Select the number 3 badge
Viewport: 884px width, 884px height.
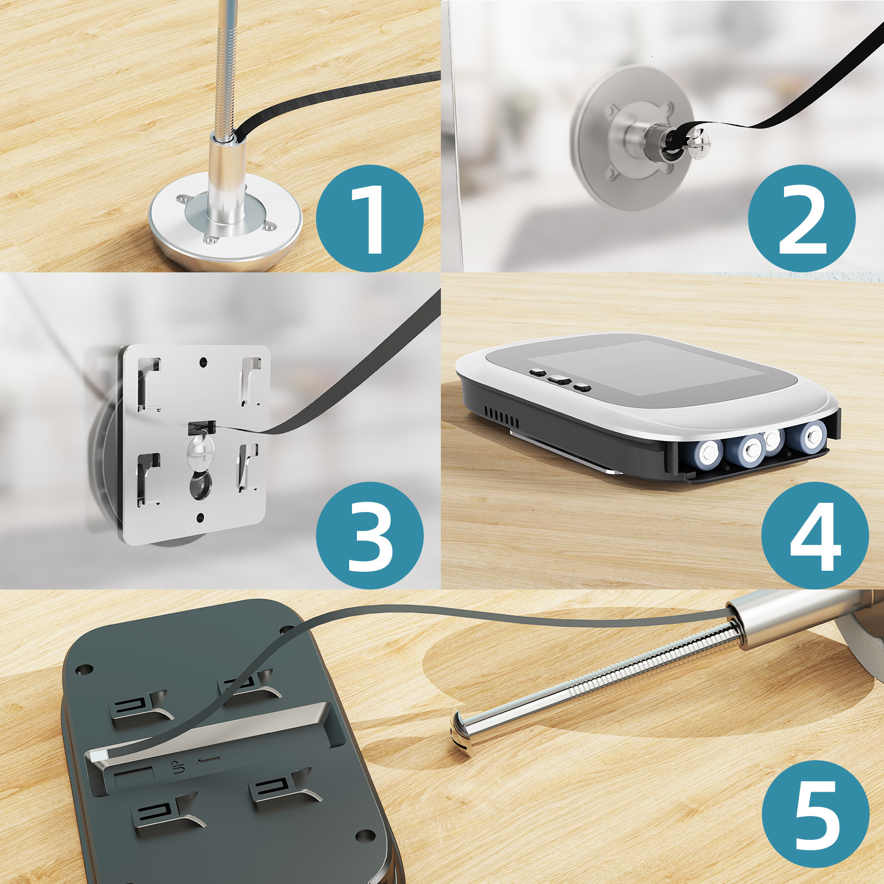370,535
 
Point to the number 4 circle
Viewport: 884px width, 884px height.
815,535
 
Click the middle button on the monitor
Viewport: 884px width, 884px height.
558,380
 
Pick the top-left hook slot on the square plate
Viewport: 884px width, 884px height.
148,383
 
